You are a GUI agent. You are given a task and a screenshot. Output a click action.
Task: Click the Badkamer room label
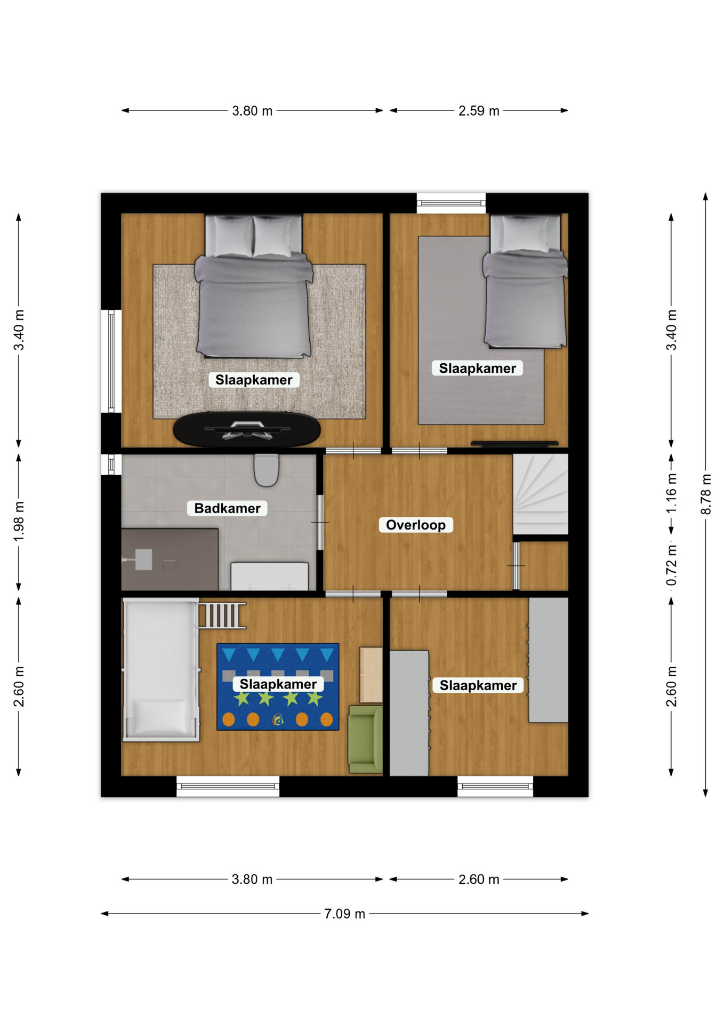click(x=227, y=508)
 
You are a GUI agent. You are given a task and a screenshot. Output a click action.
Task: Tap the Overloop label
click(x=416, y=525)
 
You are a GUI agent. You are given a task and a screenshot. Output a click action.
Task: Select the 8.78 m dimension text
click(x=705, y=494)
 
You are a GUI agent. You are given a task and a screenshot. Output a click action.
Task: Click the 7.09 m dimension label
click(x=344, y=914)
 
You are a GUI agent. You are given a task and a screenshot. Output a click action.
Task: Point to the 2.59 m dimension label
click(x=479, y=111)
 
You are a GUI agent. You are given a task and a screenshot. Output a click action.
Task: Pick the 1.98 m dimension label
click(x=19, y=522)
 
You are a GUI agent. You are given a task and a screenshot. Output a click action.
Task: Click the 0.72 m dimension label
click(x=671, y=565)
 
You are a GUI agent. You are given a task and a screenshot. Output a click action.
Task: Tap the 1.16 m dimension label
click(x=671, y=493)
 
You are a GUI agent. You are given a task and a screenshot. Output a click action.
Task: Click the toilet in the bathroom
click(x=266, y=470)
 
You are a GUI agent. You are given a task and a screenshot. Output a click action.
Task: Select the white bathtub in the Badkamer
click(x=269, y=576)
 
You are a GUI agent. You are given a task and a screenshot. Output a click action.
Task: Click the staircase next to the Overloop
click(x=540, y=494)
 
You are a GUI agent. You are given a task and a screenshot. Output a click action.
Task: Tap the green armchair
click(x=366, y=739)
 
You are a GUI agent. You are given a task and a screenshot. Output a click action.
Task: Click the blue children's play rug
click(x=278, y=687)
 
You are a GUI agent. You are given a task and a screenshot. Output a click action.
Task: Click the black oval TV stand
click(x=247, y=429)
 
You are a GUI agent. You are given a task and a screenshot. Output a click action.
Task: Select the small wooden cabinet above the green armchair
click(x=371, y=675)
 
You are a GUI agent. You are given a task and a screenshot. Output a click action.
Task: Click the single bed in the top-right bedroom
click(x=525, y=282)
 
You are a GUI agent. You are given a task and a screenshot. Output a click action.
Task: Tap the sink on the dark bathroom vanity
click(x=143, y=560)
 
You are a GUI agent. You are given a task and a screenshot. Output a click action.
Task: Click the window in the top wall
click(x=451, y=203)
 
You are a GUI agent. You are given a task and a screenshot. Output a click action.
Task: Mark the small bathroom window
click(x=111, y=464)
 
